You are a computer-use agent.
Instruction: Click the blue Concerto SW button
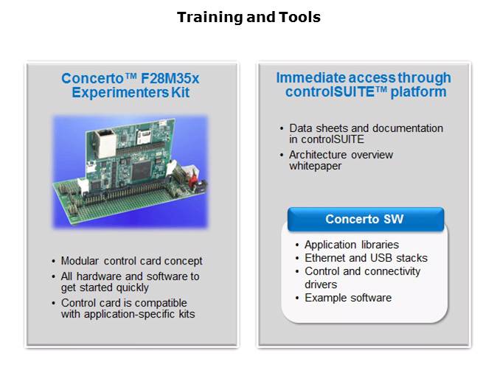point(366,220)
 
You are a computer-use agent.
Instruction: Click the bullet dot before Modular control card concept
point(54,261)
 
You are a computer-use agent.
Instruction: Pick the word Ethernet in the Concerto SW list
point(327,258)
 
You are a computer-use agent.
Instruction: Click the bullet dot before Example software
point(297,298)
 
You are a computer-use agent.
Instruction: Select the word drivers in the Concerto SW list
point(321,285)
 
